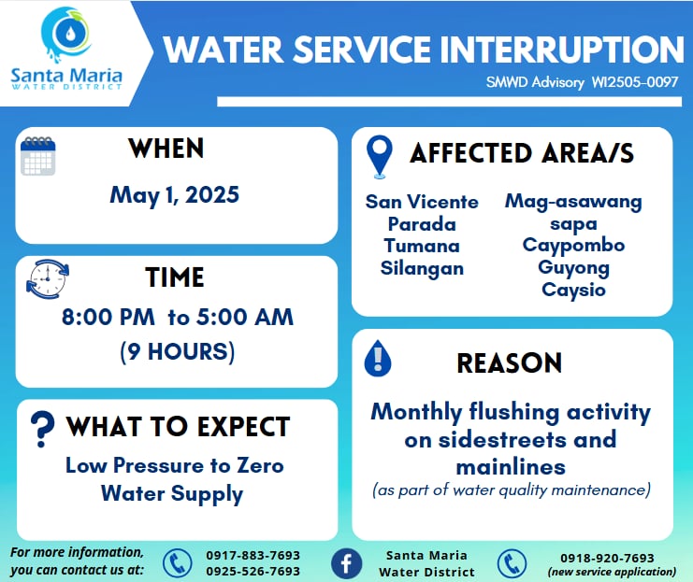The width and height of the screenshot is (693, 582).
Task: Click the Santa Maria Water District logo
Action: click(x=66, y=49)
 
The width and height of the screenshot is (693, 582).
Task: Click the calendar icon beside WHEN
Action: click(x=38, y=156)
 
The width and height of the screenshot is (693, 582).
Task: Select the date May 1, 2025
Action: click(x=175, y=195)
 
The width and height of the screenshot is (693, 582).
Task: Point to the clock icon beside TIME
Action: click(x=48, y=279)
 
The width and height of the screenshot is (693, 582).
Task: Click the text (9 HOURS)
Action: click(x=178, y=352)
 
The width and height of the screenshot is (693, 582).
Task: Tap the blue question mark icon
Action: click(x=42, y=429)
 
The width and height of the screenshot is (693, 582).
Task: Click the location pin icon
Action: click(x=379, y=157)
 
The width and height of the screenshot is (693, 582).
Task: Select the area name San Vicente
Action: click(x=422, y=202)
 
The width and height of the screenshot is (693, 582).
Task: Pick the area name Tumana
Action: click(x=422, y=246)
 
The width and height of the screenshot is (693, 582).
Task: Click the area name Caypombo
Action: click(x=573, y=246)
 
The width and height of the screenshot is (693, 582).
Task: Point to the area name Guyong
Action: click(x=573, y=268)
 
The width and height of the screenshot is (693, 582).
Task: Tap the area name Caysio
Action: click(x=573, y=291)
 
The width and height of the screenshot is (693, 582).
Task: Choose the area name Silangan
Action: click(x=422, y=268)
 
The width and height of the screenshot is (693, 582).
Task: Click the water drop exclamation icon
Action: click(x=378, y=359)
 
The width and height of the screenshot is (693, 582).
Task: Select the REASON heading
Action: click(x=510, y=363)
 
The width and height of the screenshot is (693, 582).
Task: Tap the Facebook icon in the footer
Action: click(x=346, y=564)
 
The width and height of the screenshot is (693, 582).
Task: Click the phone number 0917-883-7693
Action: click(x=253, y=555)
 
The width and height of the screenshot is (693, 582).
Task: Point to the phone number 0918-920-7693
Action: click(x=607, y=558)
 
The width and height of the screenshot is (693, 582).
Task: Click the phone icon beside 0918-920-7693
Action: click(x=512, y=564)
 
